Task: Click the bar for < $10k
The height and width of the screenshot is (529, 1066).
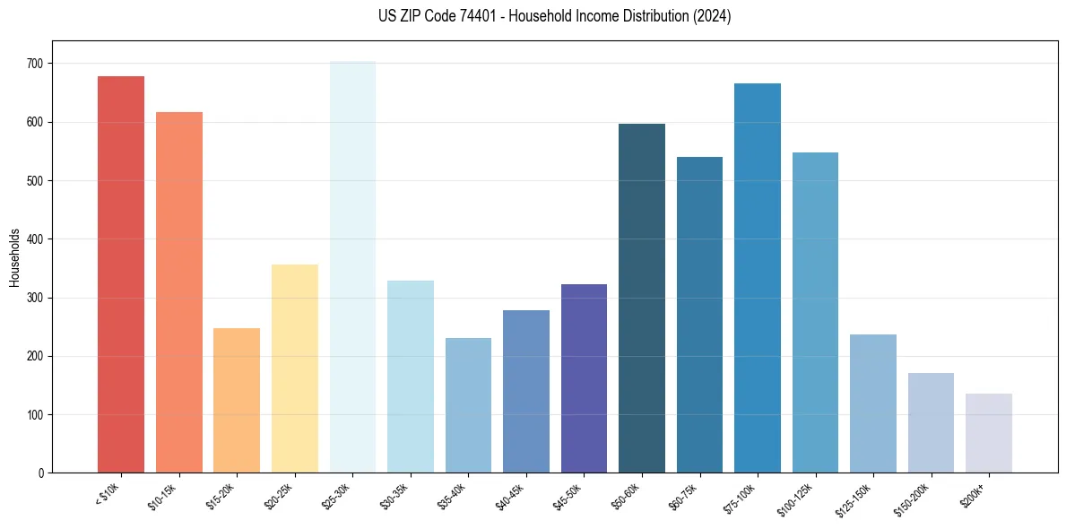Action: (121, 274)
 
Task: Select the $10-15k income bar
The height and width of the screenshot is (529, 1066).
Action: (178, 292)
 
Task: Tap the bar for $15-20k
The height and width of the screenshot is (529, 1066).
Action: (237, 400)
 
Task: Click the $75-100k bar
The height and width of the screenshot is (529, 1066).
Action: (758, 278)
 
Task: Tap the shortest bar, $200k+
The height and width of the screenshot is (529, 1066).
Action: (989, 433)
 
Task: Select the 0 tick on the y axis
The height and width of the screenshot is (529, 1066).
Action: (43, 473)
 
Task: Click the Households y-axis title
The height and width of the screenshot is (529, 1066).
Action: (14, 257)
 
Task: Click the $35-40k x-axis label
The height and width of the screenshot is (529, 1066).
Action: (457, 496)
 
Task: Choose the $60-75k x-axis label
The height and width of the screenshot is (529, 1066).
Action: (689, 496)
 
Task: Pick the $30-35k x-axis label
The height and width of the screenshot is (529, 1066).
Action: (399, 496)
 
